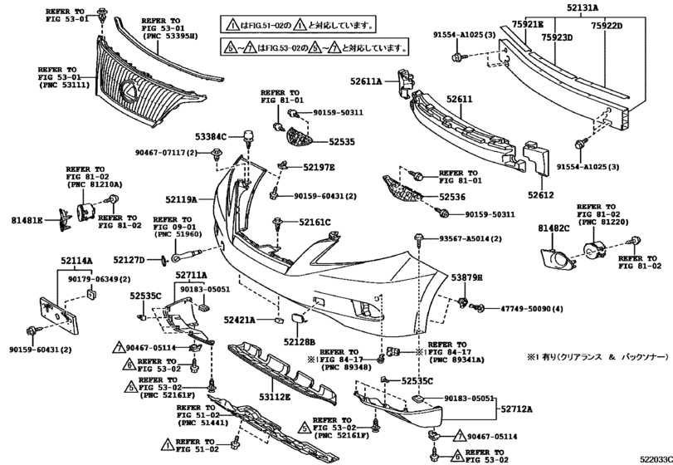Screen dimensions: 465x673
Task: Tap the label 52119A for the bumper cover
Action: (180, 199)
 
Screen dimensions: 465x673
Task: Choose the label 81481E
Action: (27, 222)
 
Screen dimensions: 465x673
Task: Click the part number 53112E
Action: (273, 397)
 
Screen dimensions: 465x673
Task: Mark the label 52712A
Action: (516, 409)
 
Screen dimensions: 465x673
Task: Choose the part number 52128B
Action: (299, 340)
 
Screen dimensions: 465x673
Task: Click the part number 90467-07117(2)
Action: (165, 153)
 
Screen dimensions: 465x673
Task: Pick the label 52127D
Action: (129, 260)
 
